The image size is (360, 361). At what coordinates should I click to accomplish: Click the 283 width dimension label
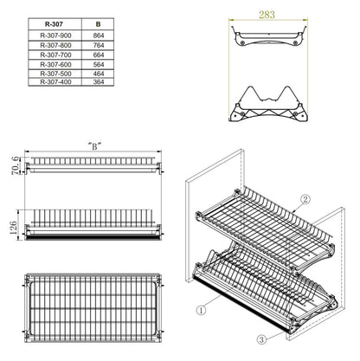[267, 15]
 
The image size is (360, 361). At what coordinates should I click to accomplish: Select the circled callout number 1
[200, 307]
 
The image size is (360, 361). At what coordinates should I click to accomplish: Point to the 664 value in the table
[98, 55]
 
